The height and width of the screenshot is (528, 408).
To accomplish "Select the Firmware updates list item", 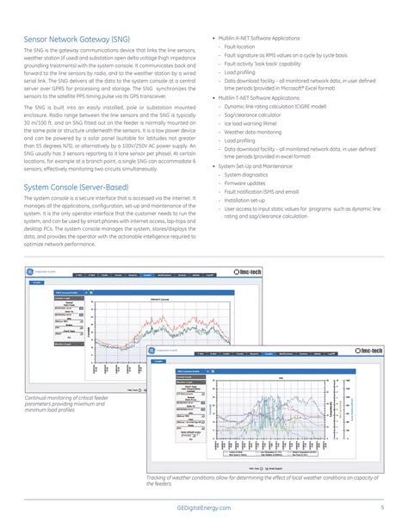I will (x=249, y=182).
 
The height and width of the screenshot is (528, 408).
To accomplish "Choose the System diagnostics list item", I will (x=251, y=174).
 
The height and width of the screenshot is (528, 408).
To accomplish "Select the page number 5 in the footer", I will (x=380, y=509).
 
